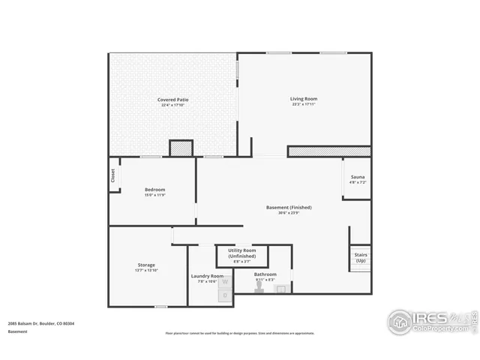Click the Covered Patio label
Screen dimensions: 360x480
click(x=172, y=100)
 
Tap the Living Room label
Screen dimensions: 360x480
click(x=304, y=99)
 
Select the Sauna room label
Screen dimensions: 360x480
click(x=357, y=177)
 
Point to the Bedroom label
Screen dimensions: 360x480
click(x=154, y=190)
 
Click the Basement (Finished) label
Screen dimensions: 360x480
click(x=289, y=207)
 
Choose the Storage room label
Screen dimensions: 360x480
click(x=146, y=265)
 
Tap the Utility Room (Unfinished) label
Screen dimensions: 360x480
click(x=242, y=253)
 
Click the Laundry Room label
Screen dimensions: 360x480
click(x=207, y=276)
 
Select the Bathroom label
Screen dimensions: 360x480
click(x=265, y=274)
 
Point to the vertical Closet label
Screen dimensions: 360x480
click(x=113, y=175)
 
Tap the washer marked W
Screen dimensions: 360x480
click(x=223, y=281)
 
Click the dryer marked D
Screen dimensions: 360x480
click(x=223, y=295)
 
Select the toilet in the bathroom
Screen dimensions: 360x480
click(x=259, y=289)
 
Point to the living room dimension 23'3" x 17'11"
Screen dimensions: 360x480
click(x=304, y=105)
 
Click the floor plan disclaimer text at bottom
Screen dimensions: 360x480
click(x=240, y=334)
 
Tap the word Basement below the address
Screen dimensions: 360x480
click(x=19, y=331)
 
